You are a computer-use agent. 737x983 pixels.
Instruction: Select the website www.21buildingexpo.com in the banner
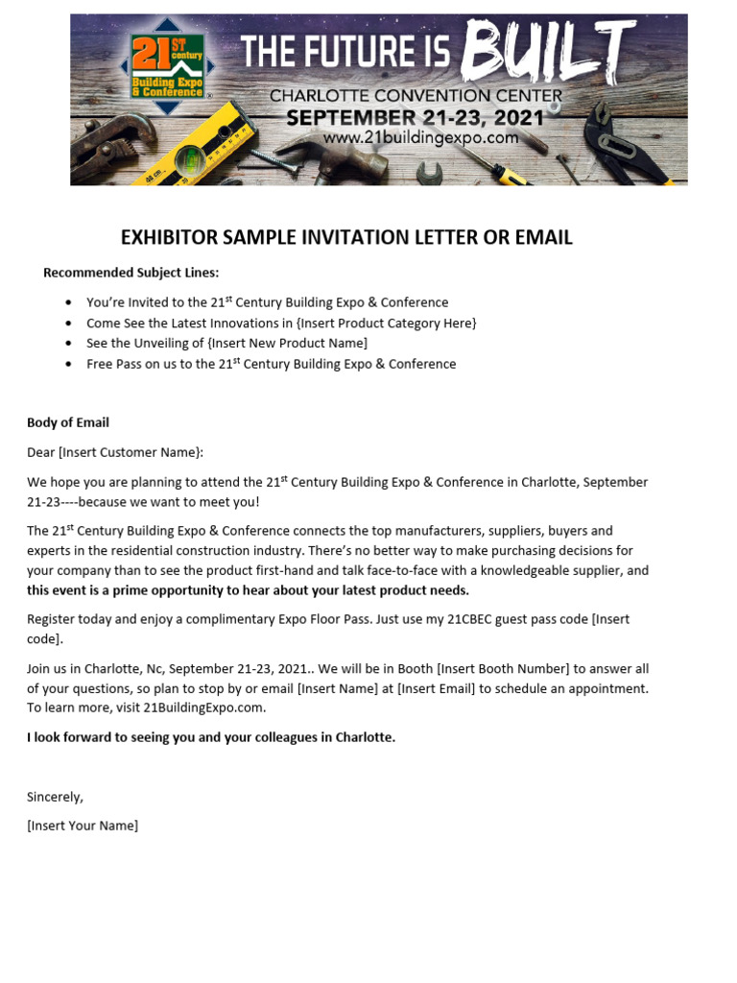click(x=420, y=138)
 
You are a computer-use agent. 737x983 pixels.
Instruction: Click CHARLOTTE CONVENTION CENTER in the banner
click(x=416, y=96)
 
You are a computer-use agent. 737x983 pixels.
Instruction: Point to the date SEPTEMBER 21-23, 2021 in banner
click(x=416, y=118)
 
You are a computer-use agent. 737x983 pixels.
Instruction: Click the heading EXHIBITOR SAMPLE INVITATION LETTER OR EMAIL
click(x=346, y=237)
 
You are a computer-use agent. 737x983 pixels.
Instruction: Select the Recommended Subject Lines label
click(x=131, y=273)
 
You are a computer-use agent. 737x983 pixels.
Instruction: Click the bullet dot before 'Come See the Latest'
click(x=68, y=324)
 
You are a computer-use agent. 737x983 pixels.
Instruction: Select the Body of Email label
click(x=68, y=422)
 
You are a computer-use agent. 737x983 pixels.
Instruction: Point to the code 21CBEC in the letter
click(x=469, y=619)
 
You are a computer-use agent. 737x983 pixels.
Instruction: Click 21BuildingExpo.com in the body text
click(x=203, y=707)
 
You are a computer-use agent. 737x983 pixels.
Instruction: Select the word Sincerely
click(x=55, y=796)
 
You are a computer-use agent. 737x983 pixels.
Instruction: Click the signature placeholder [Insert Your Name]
click(x=83, y=825)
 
